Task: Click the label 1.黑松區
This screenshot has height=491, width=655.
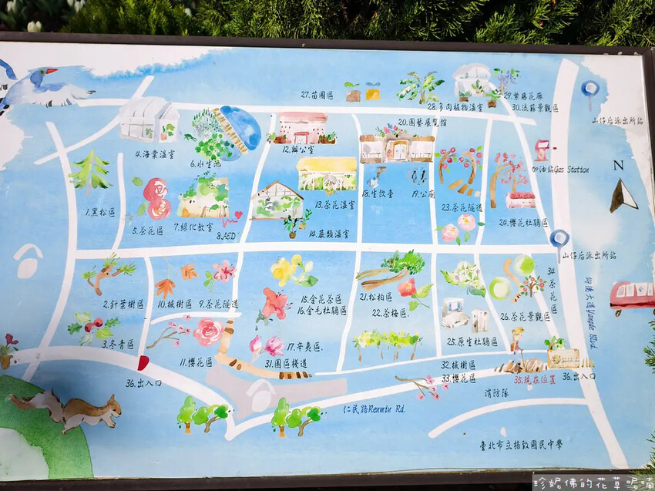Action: (x=101, y=211)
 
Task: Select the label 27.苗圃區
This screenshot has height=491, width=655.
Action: (x=317, y=95)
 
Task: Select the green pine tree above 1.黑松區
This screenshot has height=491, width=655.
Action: (x=90, y=172)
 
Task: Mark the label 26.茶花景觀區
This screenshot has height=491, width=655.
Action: (x=526, y=316)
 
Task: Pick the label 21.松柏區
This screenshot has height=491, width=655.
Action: (x=376, y=296)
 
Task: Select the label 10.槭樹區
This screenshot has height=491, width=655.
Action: (x=174, y=304)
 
